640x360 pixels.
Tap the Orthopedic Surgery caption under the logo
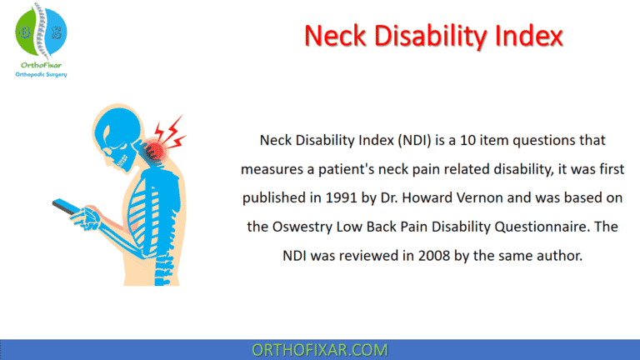pos(42,74)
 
